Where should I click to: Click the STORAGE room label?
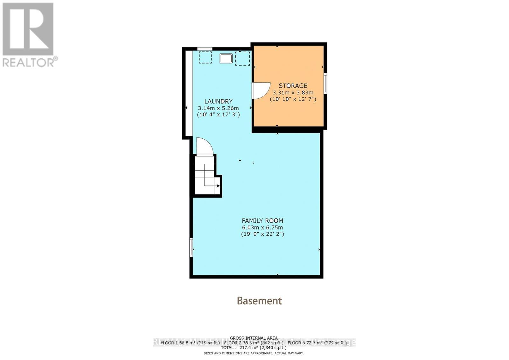tap(293, 86)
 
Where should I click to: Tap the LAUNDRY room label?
tap(218, 101)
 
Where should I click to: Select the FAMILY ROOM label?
tap(262, 221)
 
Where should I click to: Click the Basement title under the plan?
tap(259, 301)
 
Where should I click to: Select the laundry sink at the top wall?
tap(226, 59)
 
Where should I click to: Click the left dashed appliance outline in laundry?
tap(205, 57)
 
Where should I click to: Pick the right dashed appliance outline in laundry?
tap(242, 59)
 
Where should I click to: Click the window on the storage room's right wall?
tap(325, 83)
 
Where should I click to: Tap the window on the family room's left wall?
tap(191, 247)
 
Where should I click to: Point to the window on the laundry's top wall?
tap(205, 49)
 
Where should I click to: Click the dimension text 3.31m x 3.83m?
tap(293, 92)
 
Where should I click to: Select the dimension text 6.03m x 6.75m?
tap(262, 227)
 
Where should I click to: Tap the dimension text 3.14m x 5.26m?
tap(218, 108)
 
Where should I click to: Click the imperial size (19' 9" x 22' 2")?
tap(262, 234)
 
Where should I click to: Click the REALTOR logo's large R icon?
tap(28, 29)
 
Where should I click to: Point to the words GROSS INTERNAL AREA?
tap(254, 338)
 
